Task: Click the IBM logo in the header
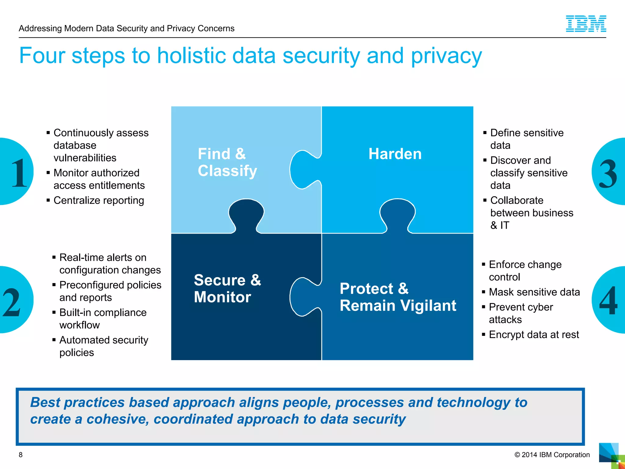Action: point(586,24)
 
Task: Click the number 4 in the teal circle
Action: point(608,301)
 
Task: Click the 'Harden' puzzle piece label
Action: point(395,154)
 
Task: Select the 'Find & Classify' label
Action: point(227,162)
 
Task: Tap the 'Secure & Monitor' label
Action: point(227,289)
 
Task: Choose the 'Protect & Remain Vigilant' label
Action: point(398,297)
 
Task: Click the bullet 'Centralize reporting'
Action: point(99,201)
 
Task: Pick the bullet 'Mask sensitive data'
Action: point(534,292)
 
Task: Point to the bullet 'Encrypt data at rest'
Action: point(533,335)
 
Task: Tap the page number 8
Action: point(21,455)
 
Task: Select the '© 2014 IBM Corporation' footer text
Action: point(552,455)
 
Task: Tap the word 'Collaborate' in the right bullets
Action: point(517,201)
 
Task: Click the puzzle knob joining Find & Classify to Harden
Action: point(304,169)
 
